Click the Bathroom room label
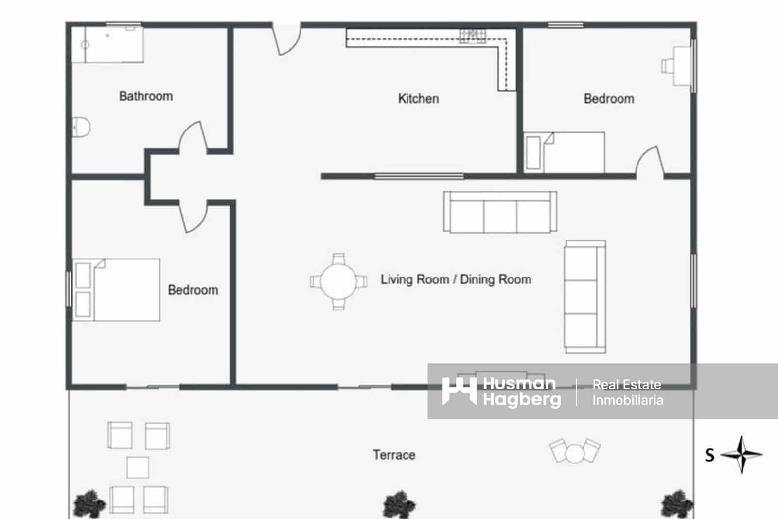point(146,96)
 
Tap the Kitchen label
point(418,99)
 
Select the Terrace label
point(394,455)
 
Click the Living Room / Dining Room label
point(456,279)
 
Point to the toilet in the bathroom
point(81,128)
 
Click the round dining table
point(338,281)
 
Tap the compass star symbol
point(742,454)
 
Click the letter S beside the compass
point(710,455)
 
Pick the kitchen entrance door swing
point(286,39)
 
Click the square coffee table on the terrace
point(138,467)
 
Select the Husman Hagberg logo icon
point(459,391)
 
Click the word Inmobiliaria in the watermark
point(627,400)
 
